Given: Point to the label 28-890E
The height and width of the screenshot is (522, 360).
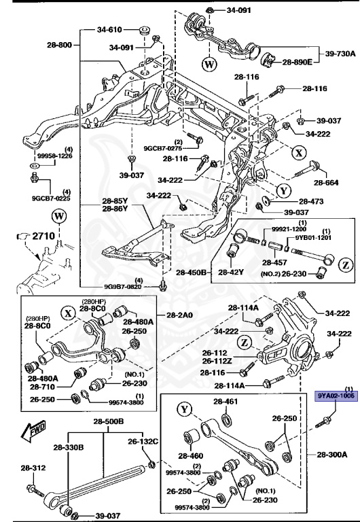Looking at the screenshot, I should (297, 62).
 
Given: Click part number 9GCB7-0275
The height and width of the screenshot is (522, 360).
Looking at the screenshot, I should (163, 147).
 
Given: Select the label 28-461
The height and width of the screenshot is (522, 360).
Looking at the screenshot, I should (225, 402).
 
